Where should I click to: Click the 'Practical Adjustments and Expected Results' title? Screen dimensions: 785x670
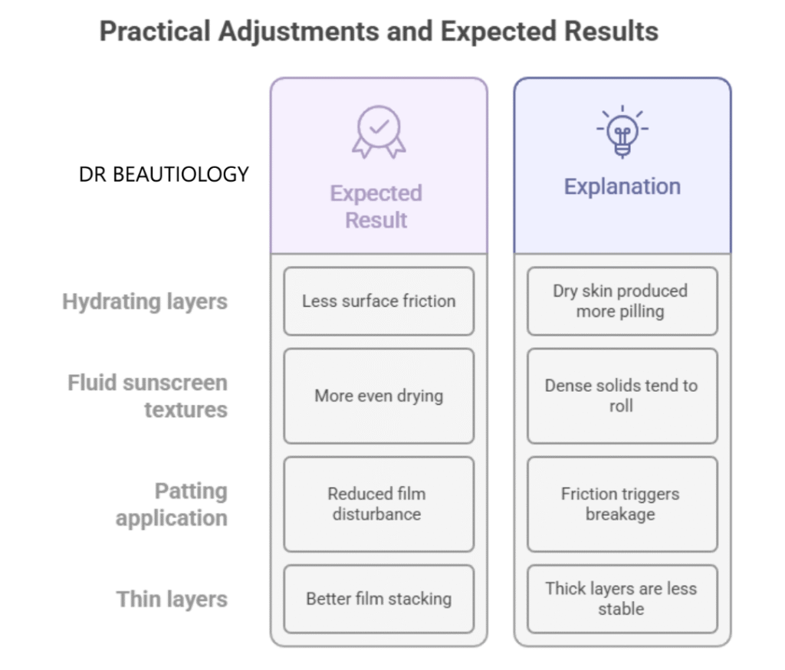(x=379, y=32)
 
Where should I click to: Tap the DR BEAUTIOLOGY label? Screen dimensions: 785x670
(x=164, y=175)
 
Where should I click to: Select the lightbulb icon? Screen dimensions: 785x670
(x=622, y=131)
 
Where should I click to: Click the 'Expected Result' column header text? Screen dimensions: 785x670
(x=376, y=206)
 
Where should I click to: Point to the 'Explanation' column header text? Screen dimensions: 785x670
(x=622, y=186)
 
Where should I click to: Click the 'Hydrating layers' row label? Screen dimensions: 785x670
(x=145, y=302)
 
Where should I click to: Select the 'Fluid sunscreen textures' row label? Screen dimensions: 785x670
(x=148, y=396)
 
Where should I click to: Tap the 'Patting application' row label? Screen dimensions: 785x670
(x=172, y=504)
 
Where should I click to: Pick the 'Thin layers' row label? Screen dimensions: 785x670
(x=172, y=599)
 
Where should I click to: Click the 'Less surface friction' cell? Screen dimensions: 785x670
(x=379, y=301)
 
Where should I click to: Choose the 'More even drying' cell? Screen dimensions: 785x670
(x=379, y=396)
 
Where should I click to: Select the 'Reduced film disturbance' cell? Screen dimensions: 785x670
(x=379, y=504)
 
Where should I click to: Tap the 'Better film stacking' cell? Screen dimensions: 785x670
(x=379, y=599)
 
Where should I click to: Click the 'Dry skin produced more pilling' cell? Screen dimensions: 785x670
(x=622, y=301)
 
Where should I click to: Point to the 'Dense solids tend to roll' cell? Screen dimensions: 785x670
(x=622, y=396)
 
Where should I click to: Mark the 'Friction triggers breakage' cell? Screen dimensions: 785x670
(x=622, y=504)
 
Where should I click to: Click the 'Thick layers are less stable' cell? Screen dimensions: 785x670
(x=622, y=599)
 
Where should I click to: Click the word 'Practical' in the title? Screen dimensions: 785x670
(x=155, y=31)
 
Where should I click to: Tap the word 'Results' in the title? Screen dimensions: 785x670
(x=611, y=31)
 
